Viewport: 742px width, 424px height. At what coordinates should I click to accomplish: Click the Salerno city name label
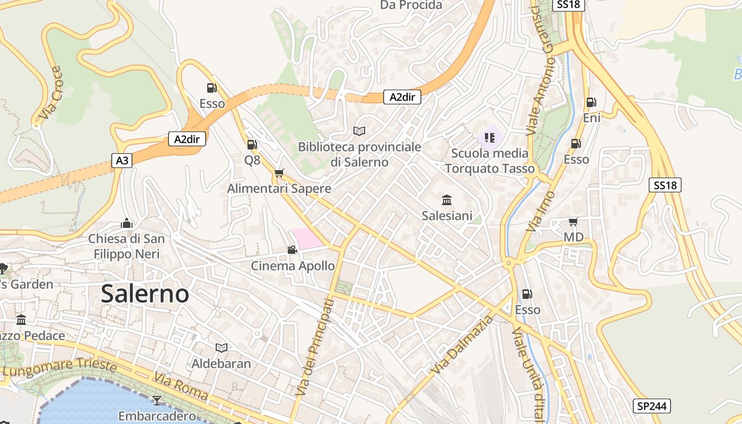(145, 294)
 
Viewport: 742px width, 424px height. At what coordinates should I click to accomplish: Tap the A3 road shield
(122, 160)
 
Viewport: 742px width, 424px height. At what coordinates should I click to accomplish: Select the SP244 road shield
(652, 407)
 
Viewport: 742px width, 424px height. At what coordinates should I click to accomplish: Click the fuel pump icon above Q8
(252, 144)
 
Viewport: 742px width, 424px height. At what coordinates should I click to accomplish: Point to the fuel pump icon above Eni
(591, 102)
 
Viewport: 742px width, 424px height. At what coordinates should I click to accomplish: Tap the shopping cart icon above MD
(573, 222)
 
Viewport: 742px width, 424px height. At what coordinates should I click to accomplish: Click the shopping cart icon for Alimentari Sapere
(279, 173)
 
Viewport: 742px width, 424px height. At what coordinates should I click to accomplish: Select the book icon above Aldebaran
(222, 348)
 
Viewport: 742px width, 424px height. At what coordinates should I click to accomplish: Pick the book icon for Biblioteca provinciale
(359, 130)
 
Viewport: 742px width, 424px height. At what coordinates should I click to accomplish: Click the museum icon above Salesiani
(447, 200)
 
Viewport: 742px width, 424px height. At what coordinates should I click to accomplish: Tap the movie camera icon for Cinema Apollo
(292, 250)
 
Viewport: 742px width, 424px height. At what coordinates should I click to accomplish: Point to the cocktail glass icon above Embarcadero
(157, 400)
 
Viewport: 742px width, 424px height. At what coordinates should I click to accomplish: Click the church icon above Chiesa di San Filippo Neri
(127, 223)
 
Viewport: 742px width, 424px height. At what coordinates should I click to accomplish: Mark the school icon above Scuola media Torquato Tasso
(490, 138)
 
